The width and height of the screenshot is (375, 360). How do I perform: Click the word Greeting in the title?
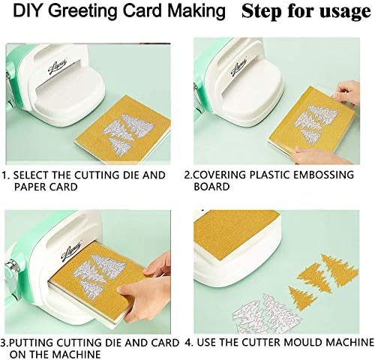pos(85,11)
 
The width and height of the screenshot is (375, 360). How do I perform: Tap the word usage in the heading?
pos(346,11)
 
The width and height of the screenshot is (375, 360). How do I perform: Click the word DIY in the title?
pos(30,10)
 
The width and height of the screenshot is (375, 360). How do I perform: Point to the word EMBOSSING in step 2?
pos(323,175)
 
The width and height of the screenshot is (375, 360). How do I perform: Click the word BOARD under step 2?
pos(211,187)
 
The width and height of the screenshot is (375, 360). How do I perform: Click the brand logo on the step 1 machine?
pos(58,67)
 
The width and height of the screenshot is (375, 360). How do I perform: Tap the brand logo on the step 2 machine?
pos(238,66)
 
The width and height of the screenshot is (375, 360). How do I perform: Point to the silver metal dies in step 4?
pos(265,313)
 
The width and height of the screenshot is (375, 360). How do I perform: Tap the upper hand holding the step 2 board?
pos(346,94)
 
